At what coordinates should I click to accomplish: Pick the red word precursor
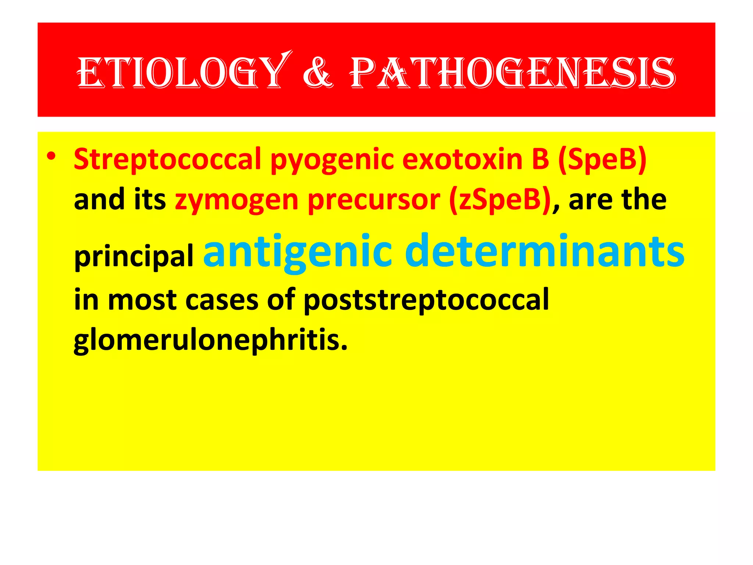tap(374, 200)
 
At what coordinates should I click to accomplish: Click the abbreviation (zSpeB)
tap(500, 200)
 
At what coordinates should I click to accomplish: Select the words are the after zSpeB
tap(617, 199)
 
